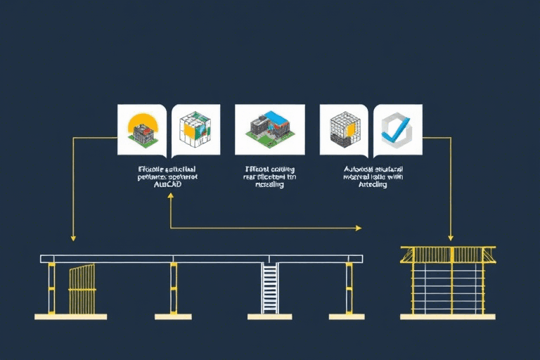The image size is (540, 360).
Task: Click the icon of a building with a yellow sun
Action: [x=141, y=129]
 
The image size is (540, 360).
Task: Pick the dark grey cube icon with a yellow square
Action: [x=344, y=129]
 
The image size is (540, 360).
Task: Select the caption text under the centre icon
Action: [x=269, y=177]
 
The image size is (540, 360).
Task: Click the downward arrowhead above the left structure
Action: [x=72, y=238]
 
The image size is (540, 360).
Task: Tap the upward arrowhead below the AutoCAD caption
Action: [x=171, y=198]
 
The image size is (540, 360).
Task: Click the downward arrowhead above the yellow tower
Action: [x=451, y=238]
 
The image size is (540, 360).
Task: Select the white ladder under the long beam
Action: [x=269, y=288]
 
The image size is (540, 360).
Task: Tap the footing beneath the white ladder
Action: [x=269, y=316]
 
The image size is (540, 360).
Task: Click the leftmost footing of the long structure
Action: [x=70, y=317]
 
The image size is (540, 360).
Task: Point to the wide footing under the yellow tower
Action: [x=448, y=317]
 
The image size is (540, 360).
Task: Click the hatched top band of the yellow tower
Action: [x=448, y=254]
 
